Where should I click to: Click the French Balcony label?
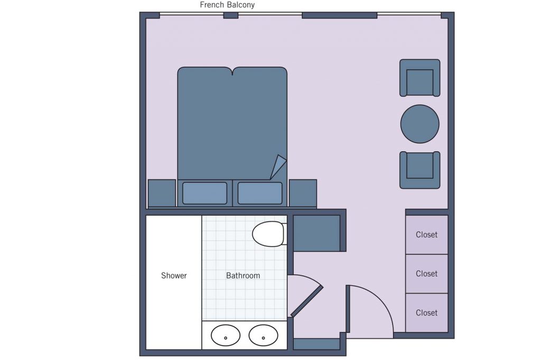(x=227, y=5)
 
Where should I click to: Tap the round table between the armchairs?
(x=419, y=124)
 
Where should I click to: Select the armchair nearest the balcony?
(x=419, y=78)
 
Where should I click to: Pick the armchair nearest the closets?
(x=419, y=170)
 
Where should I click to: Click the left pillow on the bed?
(x=204, y=193)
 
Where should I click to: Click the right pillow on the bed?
(x=260, y=193)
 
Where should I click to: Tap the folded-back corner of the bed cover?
(x=278, y=167)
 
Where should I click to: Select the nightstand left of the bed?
(x=162, y=193)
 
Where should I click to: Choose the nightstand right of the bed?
(x=303, y=193)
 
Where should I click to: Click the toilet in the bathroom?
(x=269, y=234)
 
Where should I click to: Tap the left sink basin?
(x=226, y=335)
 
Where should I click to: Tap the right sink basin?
(x=263, y=335)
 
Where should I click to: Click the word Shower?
(x=174, y=275)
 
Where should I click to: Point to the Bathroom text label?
(x=243, y=275)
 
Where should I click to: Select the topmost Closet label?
(x=426, y=235)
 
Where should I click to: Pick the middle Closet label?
(x=426, y=274)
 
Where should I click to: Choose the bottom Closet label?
(x=426, y=313)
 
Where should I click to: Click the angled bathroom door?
(x=307, y=301)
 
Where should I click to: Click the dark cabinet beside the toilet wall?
(x=317, y=233)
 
